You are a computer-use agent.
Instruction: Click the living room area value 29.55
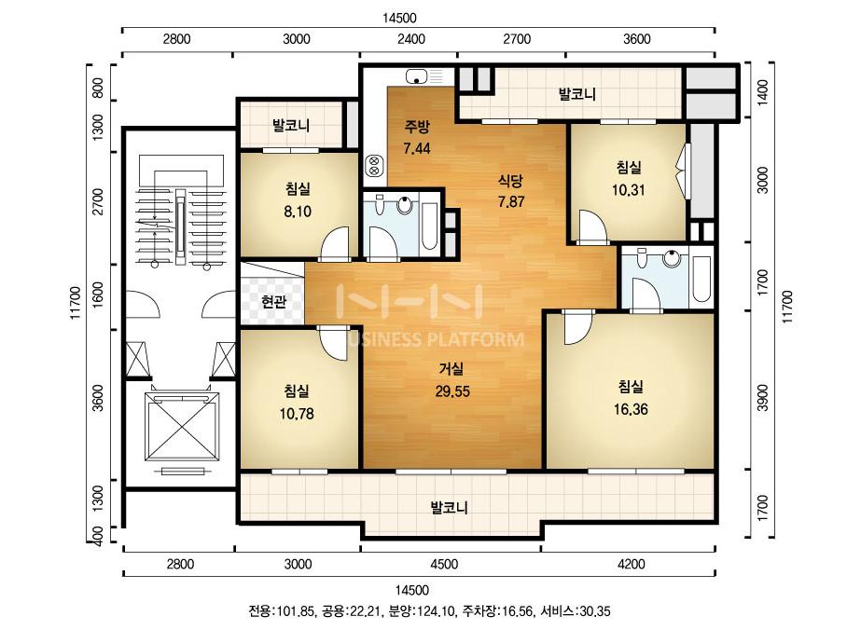(x=452, y=391)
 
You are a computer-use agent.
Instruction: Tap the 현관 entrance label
(x=273, y=301)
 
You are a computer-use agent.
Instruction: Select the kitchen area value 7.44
(x=417, y=148)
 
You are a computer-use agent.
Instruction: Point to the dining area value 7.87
(x=511, y=202)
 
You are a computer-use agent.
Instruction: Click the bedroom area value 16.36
(x=631, y=409)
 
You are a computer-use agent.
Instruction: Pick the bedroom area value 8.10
(x=298, y=212)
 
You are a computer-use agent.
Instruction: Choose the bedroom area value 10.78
(x=297, y=413)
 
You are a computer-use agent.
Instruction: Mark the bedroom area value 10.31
(x=629, y=190)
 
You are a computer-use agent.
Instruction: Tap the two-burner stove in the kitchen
(x=374, y=166)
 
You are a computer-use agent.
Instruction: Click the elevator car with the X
(x=181, y=427)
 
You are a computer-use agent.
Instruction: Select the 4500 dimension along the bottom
(x=444, y=564)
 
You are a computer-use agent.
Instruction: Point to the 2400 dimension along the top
(x=411, y=39)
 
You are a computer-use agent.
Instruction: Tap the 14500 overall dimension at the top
(x=400, y=18)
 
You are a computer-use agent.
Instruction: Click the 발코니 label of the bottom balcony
(x=450, y=508)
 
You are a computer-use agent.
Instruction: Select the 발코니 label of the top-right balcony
(x=577, y=94)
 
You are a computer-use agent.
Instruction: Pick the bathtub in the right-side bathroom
(x=701, y=279)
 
